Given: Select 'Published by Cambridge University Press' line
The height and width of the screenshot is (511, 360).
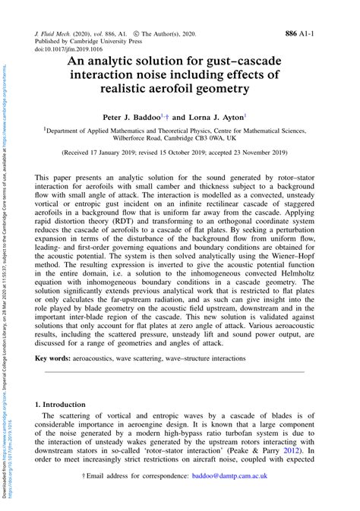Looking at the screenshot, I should coord(88,42).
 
